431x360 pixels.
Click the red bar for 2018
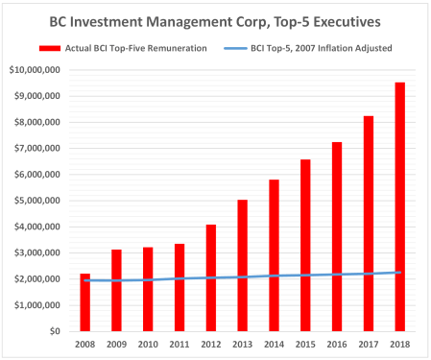click(397, 206)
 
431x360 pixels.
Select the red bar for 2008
click(85, 302)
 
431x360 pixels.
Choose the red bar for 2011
click(179, 287)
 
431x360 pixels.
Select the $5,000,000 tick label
click(37, 201)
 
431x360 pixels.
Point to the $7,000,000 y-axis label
click(37, 149)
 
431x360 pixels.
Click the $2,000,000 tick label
click(37, 279)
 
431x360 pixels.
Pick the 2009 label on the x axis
click(116, 343)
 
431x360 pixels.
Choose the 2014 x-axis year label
click(273, 343)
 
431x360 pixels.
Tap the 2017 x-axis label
click(367, 343)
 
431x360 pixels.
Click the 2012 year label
click(210, 343)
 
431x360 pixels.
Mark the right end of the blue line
click(398, 272)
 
